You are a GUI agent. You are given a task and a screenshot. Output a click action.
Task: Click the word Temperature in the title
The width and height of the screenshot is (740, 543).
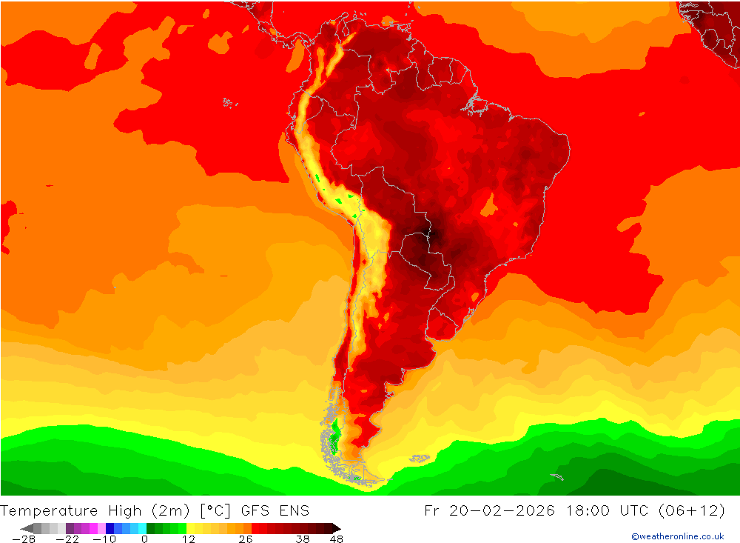tap(49, 511)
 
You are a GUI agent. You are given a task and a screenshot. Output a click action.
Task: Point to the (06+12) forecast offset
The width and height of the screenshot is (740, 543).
tap(697, 511)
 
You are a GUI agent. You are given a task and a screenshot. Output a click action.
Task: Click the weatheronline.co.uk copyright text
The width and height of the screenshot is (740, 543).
tap(678, 536)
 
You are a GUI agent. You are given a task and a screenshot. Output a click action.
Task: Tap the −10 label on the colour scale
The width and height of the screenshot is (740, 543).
tap(104, 539)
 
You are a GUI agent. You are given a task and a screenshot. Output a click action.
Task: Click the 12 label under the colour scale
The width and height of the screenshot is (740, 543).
tap(188, 539)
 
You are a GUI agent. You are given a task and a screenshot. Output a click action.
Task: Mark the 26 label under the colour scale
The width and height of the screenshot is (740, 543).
tap(245, 539)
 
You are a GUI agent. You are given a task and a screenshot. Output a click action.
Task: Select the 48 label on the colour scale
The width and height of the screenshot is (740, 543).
tap(336, 539)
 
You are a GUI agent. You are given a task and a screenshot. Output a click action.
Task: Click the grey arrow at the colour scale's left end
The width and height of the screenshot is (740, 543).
tap(26, 528)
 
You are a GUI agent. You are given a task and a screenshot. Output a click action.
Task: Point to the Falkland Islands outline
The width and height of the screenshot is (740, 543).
tap(420, 459)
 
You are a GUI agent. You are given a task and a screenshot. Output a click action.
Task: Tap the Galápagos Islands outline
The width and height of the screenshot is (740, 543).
tap(229, 102)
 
